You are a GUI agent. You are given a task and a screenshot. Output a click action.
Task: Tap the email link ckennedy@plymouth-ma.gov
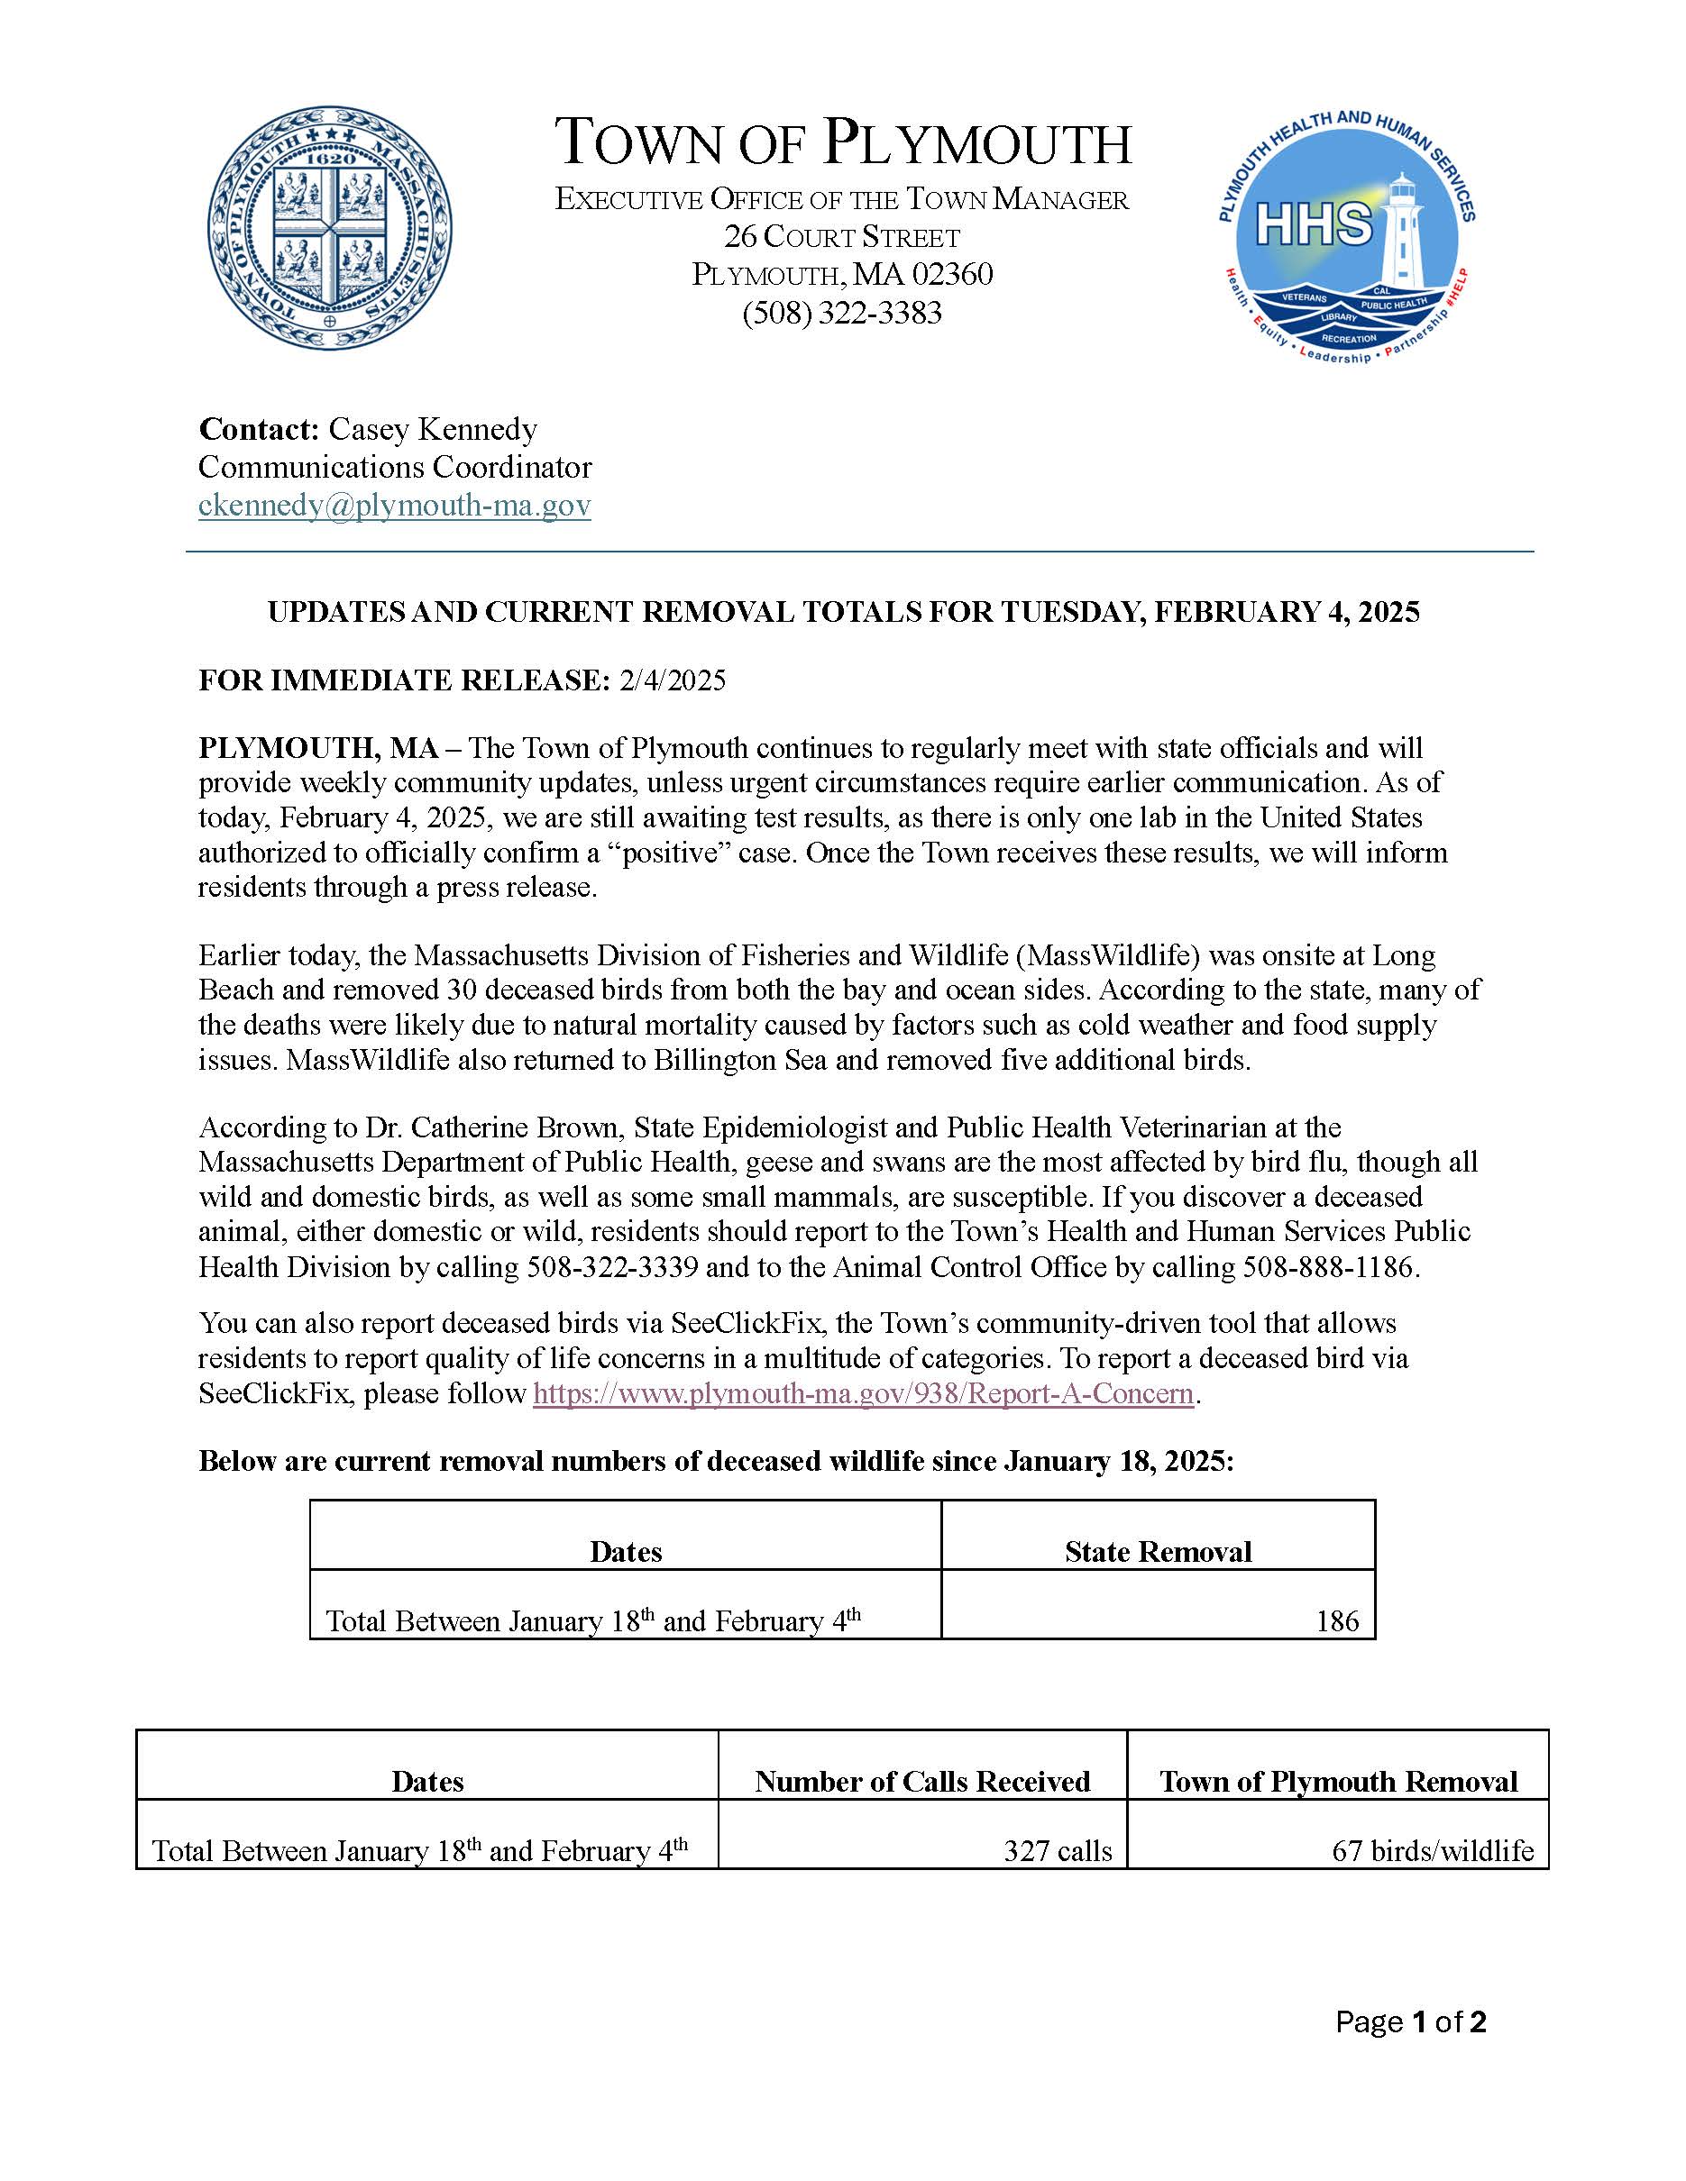click(395, 506)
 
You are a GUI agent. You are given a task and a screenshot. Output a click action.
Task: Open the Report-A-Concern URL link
click(863, 1393)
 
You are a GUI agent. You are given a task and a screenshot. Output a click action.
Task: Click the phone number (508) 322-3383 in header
click(842, 314)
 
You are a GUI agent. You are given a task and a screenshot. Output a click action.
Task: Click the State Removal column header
click(1158, 1551)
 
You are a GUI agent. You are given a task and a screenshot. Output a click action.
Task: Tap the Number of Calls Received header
click(922, 1782)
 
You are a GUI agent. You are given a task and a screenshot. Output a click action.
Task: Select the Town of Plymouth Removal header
click(1337, 1782)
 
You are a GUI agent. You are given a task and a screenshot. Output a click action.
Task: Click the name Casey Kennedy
click(433, 429)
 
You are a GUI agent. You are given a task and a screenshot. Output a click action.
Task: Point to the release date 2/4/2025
click(673, 681)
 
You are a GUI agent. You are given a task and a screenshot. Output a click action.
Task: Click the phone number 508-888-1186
click(1328, 1267)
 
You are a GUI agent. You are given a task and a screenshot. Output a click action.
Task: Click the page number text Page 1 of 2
click(1410, 2022)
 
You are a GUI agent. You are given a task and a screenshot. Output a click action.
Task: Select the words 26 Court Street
click(842, 238)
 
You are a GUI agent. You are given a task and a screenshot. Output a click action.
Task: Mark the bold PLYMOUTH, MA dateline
click(318, 748)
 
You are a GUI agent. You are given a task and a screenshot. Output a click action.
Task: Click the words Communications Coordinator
click(395, 468)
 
